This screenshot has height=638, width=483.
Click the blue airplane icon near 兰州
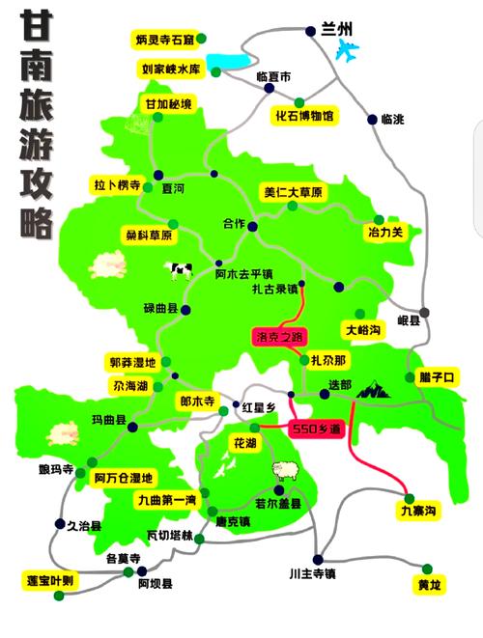[x=345, y=50]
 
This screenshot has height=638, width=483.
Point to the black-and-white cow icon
[x=180, y=270]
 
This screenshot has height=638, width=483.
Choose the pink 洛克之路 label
[x=277, y=337]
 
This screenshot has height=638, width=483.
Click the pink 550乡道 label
[x=317, y=428]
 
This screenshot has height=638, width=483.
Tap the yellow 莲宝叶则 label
[x=55, y=580]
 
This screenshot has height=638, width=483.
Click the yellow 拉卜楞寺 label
[x=118, y=185]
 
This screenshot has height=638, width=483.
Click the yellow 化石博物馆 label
[x=304, y=116]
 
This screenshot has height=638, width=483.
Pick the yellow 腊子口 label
[x=437, y=376]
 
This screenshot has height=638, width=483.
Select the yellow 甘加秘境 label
[x=169, y=104]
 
